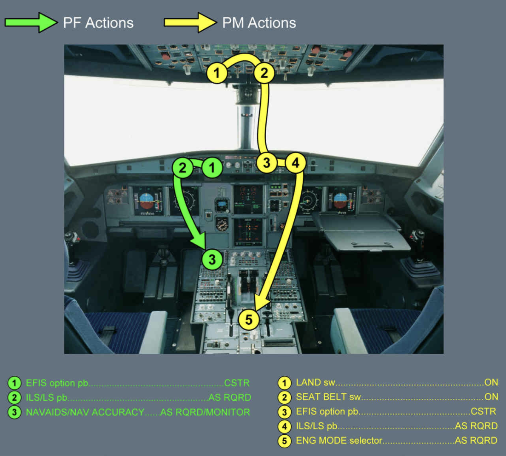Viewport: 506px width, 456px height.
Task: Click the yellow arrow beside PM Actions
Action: tap(190, 23)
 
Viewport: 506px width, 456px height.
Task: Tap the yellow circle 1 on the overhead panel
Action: tap(217, 73)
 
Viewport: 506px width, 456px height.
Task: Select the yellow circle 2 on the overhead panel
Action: tap(264, 73)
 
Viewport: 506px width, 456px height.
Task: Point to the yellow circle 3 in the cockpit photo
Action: tap(267, 163)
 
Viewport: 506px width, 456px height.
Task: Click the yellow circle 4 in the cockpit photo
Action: tap(295, 163)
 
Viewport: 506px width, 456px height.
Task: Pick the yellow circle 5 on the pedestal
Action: tap(249, 319)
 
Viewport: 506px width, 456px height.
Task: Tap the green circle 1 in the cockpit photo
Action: tap(212, 167)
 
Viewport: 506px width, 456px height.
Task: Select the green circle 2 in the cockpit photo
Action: tap(183, 168)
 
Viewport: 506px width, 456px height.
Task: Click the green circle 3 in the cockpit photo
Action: tap(212, 259)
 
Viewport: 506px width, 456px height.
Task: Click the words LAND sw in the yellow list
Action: tap(316, 383)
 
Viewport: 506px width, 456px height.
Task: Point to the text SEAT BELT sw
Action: tap(328, 397)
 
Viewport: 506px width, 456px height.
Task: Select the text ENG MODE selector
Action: tap(339, 441)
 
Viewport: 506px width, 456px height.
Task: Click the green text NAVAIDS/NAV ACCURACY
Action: tap(85, 412)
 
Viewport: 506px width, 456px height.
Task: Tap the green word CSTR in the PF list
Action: tap(236, 383)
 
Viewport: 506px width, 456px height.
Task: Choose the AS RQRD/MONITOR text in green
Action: tap(205, 412)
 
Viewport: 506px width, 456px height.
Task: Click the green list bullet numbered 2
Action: tap(14, 397)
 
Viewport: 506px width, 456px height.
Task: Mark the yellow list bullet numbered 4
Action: tap(284, 426)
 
